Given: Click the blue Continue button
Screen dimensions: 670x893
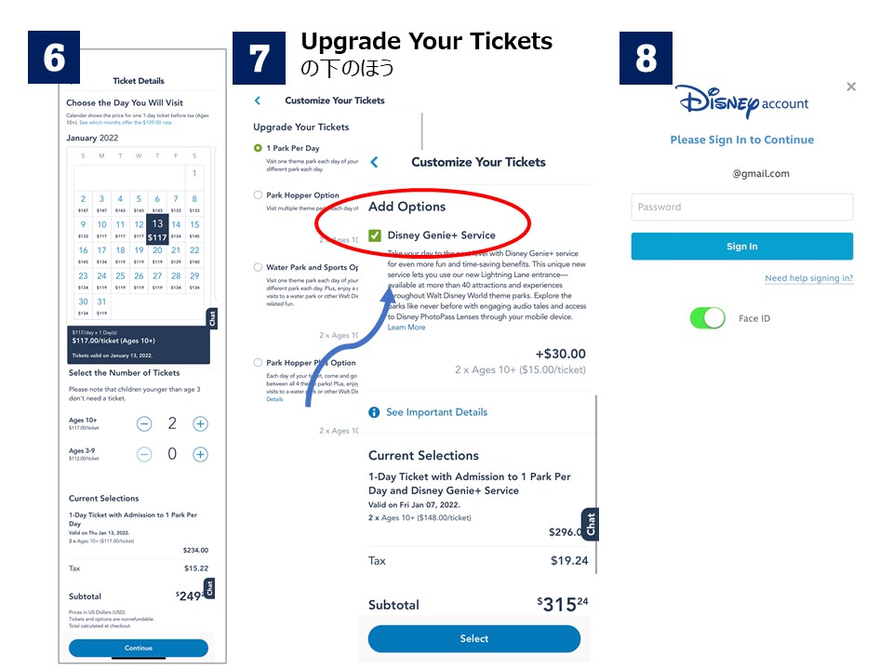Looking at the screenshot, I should click(x=139, y=648).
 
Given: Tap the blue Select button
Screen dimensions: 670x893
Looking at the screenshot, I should click(x=473, y=638).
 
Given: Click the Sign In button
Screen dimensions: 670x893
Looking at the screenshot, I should click(x=741, y=247).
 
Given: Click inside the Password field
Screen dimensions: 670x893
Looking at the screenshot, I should click(x=741, y=207).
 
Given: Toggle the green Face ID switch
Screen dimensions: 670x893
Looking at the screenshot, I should click(x=708, y=318).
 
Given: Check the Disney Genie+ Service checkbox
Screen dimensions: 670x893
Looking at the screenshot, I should click(x=375, y=235).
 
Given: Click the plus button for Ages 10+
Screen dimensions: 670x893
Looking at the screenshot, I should click(x=200, y=424).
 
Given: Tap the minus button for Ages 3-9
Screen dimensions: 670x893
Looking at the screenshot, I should click(x=144, y=455).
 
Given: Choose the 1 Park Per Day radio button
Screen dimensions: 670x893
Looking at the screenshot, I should click(x=258, y=148).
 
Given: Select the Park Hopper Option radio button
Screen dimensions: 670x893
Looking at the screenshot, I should click(x=258, y=195).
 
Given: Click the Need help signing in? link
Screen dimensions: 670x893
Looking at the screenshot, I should click(x=808, y=278).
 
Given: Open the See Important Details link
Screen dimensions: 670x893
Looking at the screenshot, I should click(x=436, y=412).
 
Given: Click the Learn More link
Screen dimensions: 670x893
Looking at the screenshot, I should click(x=407, y=328).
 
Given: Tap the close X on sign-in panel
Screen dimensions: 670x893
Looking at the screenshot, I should click(x=851, y=87).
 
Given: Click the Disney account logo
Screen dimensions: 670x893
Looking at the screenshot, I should click(x=741, y=101).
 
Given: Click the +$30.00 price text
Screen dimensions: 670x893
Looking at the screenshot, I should click(x=561, y=354).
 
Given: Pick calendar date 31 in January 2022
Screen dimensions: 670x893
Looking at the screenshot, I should click(x=101, y=301).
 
